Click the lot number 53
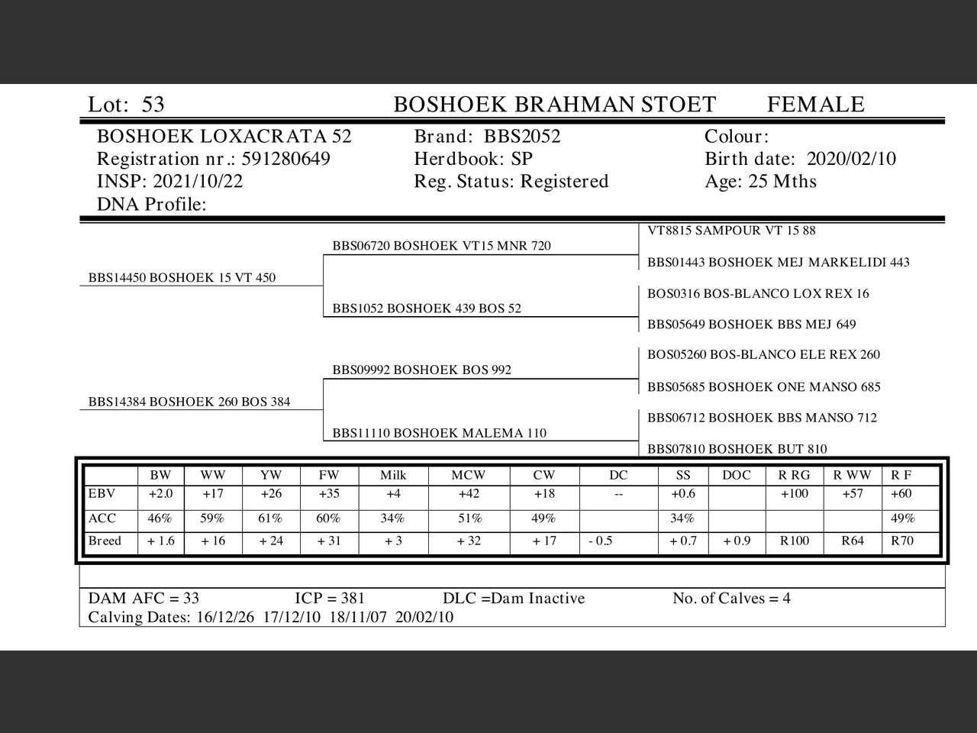[153, 105]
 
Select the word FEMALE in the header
[815, 105]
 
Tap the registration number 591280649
[285, 159]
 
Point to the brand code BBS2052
[522, 137]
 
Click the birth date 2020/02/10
[851, 159]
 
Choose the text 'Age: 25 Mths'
[760, 182]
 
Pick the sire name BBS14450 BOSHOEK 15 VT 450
[182, 278]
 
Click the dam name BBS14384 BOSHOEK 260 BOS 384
[189, 402]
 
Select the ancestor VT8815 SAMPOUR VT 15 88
[731, 231]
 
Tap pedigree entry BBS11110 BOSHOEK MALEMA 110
[439, 433]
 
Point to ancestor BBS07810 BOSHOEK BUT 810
[737, 449]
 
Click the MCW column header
[468, 475]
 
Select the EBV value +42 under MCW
[469, 494]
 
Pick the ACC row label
[102, 518]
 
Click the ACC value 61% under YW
[270, 518]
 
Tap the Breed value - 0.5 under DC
[600, 541]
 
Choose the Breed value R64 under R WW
[853, 541]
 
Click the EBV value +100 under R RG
[794, 494]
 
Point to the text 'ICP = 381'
[330, 599]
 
